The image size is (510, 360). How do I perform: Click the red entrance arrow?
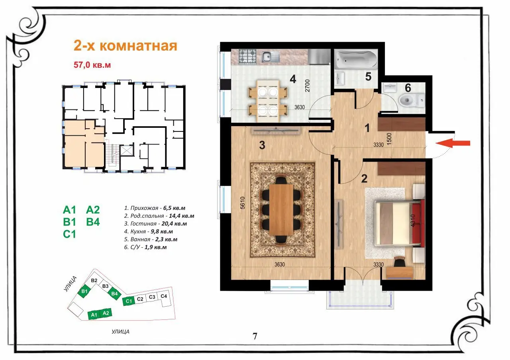click(x=453, y=143)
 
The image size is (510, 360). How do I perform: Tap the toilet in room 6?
click(x=412, y=100)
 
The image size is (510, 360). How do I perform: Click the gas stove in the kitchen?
click(x=247, y=56)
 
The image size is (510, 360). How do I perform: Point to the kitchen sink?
click(x=271, y=57)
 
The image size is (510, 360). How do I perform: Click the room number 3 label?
click(x=262, y=145)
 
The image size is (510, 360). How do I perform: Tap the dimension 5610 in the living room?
click(x=243, y=203)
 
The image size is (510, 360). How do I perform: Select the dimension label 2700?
click(x=307, y=86)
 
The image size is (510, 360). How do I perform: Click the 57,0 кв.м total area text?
click(x=92, y=65)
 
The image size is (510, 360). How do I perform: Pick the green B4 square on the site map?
click(x=114, y=293)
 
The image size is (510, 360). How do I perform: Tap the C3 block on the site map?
click(x=152, y=297)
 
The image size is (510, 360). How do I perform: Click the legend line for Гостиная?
click(x=155, y=224)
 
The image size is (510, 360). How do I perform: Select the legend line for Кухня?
click(x=149, y=231)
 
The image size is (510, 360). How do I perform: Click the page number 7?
click(x=255, y=336)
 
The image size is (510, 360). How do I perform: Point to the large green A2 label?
click(x=93, y=209)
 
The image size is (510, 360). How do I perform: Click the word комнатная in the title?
click(x=138, y=46)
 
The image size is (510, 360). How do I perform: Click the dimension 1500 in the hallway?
click(x=389, y=139)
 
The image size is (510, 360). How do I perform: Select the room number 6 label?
click(x=408, y=88)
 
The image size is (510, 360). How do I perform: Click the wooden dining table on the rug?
click(x=281, y=209)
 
